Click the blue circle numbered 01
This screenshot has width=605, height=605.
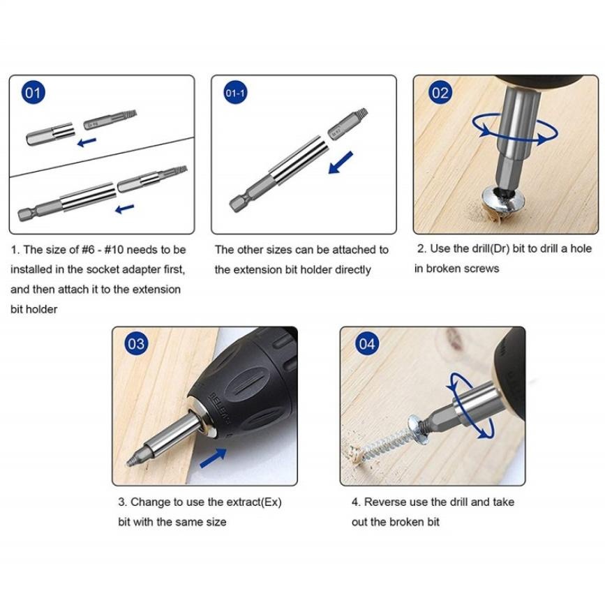tap(33, 93)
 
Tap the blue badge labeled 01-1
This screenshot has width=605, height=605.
tap(235, 93)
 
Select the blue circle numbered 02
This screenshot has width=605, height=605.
tap(440, 93)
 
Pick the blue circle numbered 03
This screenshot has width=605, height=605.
tap(136, 343)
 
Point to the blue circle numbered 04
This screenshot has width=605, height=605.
tap(367, 343)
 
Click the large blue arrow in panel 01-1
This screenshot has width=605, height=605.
tap(341, 163)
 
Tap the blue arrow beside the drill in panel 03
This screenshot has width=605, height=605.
tap(213, 458)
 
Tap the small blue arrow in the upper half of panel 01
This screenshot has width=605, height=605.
tap(87, 142)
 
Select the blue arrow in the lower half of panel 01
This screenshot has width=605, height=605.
tap(125, 209)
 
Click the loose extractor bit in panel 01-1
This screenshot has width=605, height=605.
tap(348, 123)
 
